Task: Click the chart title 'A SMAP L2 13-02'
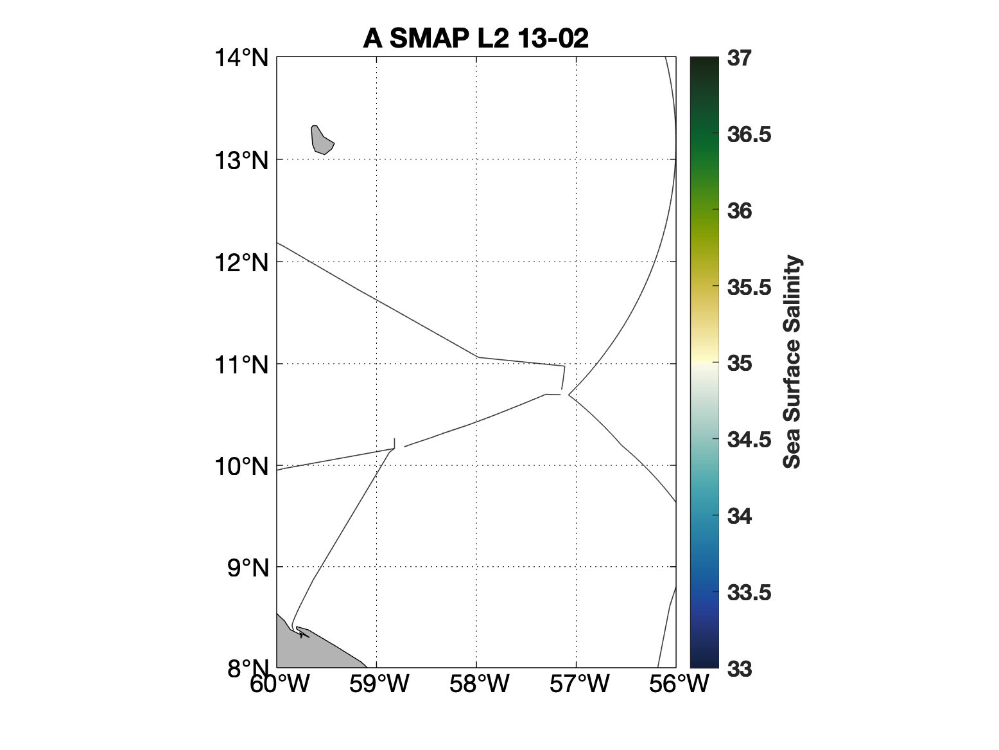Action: click(x=476, y=39)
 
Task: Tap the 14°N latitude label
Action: click(x=241, y=58)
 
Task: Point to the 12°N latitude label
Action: click(x=241, y=262)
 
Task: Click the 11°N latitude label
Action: click(x=241, y=364)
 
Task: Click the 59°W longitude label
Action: click(x=379, y=684)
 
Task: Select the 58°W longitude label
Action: click(x=479, y=684)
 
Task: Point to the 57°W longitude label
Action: click(x=579, y=684)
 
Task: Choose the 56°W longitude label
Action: click(x=679, y=684)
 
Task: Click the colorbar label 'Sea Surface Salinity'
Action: click(x=792, y=362)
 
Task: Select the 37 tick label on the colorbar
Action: click(x=740, y=58)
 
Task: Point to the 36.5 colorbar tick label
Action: click(x=749, y=135)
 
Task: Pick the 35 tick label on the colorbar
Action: click(x=740, y=364)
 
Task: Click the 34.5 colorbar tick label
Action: click(x=749, y=440)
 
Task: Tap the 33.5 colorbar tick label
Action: click(x=749, y=593)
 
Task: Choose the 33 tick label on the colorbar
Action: click(x=740, y=669)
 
